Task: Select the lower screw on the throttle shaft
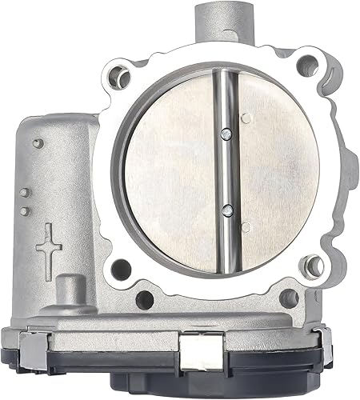click(228, 210)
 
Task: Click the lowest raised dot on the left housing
click(24, 210)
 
